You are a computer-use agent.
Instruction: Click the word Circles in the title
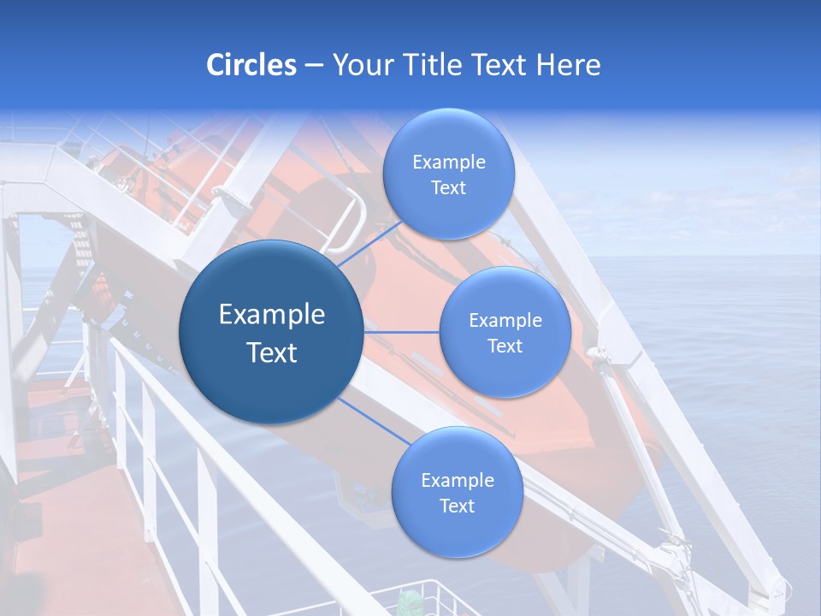coord(251,65)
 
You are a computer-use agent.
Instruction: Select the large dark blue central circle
coord(271,332)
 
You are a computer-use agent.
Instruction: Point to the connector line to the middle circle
coord(402,331)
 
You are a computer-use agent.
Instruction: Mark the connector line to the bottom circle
coord(373,422)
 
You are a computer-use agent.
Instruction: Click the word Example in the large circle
coord(271,315)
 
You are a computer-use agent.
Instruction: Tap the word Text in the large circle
coord(271,352)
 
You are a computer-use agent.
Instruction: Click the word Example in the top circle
coord(448,163)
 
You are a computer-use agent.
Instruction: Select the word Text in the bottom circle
coord(457,506)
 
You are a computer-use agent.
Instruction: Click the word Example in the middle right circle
coord(505,321)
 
